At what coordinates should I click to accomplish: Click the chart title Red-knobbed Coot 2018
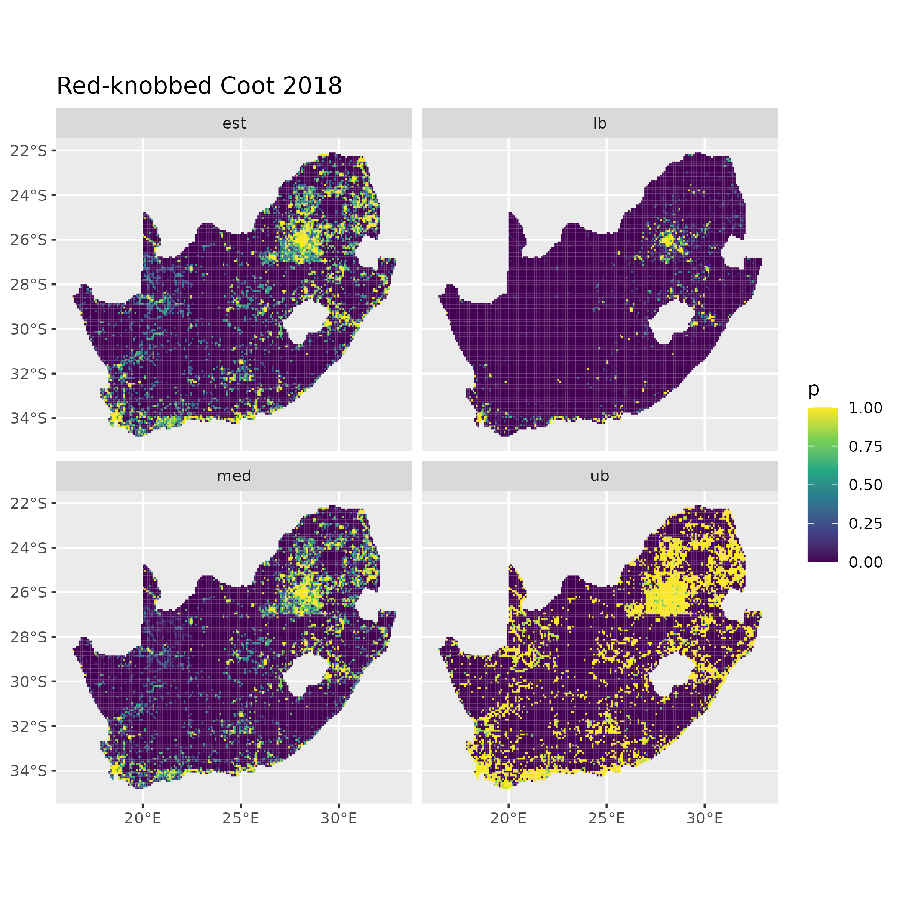[199, 86]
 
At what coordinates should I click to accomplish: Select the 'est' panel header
[234, 123]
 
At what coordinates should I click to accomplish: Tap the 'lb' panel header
[600, 123]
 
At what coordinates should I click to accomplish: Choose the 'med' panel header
[234, 476]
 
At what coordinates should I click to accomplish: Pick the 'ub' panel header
[600, 476]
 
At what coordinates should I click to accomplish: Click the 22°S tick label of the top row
[29, 150]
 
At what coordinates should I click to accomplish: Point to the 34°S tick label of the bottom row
[29, 771]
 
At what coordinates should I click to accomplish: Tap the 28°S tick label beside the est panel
[29, 284]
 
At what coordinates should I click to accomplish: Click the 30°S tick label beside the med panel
[29, 682]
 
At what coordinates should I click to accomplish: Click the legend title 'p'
[814, 389]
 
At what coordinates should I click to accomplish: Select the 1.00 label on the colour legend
[866, 408]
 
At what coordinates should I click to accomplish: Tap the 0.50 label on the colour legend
[866, 485]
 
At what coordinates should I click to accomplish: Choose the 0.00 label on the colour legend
[866, 562]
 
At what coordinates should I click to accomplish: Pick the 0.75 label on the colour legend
[866, 446]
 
